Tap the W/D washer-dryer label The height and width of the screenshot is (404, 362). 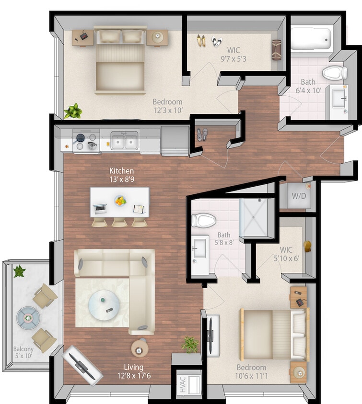[298, 196]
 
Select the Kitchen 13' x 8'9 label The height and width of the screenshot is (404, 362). [121, 175]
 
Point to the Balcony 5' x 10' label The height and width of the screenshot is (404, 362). [23, 353]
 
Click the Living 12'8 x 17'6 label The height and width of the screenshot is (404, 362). [134, 371]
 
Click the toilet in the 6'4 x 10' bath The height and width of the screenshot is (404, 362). [335, 73]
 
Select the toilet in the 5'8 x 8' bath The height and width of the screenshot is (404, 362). [203, 220]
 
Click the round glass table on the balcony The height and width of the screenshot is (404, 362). [27, 316]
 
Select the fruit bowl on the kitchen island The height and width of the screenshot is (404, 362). [120, 201]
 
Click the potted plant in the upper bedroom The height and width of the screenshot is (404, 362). [73, 111]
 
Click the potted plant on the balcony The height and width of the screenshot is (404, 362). [19, 271]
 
